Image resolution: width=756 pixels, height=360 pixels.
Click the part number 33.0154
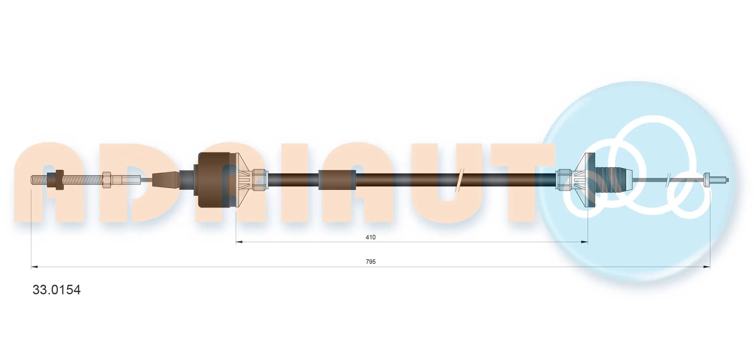(x=57, y=290)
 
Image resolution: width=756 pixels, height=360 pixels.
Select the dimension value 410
(x=370, y=237)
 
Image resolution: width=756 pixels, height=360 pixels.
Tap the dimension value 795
(x=370, y=262)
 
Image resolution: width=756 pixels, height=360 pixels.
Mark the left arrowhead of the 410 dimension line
(x=239, y=242)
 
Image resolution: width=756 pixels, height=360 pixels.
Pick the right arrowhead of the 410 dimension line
(x=584, y=242)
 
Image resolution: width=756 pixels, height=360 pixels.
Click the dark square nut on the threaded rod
(x=59, y=180)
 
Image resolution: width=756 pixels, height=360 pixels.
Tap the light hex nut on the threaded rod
(x=107, y=180)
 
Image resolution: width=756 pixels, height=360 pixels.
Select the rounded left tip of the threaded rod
(x=33, y=180)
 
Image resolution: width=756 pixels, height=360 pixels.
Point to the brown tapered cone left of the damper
(x=165, y=180)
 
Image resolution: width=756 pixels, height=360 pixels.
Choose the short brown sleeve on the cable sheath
(x=337, y=180)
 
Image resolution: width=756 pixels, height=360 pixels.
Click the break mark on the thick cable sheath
(x=459, y=180)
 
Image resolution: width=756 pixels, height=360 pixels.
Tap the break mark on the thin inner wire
(x=668, y=180)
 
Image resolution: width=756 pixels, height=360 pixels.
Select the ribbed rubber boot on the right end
(x=611, y=180)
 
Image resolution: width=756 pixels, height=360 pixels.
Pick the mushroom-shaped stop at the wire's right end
(x=707, y=180)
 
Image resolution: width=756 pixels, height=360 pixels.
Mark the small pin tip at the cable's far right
(x=727, y=180)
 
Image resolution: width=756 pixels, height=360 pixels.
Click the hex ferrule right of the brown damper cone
(x=259, y=180)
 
